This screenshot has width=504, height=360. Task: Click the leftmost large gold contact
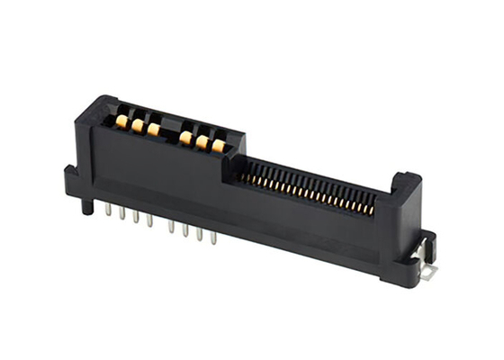121,120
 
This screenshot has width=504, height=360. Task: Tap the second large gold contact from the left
137,125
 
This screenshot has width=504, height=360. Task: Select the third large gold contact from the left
153,130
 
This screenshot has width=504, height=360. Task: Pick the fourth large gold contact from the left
184,138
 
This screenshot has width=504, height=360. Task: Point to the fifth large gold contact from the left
201,142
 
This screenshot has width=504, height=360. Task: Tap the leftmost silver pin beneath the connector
108,209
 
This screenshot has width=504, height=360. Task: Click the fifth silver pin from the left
169,226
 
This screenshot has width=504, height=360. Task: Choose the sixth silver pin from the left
184,230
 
